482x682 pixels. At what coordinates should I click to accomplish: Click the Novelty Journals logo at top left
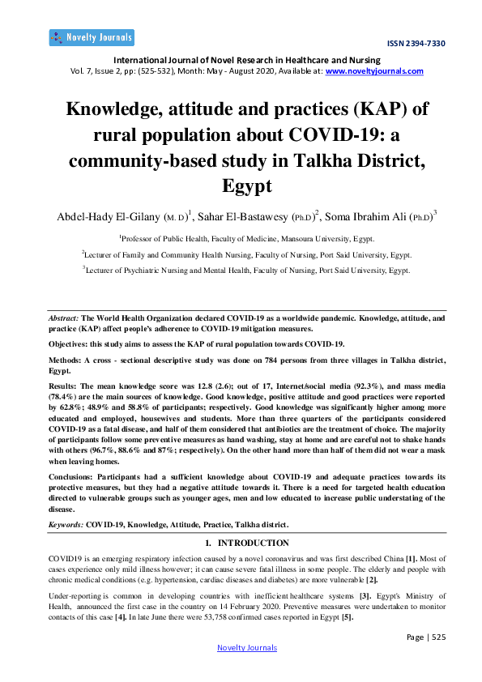click(x=92, y=38)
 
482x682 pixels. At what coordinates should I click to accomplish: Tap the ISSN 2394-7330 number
click(x=416, y=44)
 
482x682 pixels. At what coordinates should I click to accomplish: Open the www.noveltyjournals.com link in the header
click(x=374, y=70)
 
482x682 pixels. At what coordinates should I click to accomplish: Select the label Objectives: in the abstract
click(x=66, y=343)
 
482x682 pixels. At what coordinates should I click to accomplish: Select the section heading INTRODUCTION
click(x=253, y=542)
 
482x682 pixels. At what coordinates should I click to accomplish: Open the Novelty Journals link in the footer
click(x=247, y=647)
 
